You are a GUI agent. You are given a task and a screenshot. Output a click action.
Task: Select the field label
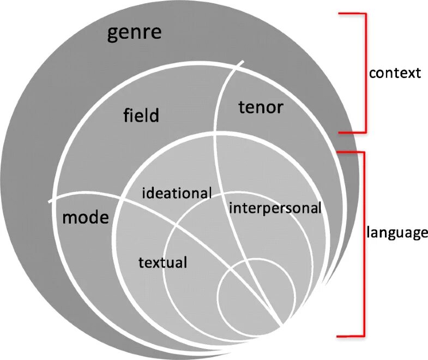(141, 115)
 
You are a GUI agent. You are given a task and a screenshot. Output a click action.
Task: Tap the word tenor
(261, 107)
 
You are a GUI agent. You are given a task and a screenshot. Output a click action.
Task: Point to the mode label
(86, 218)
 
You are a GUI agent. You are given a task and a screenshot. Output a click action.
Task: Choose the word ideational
(177, 193)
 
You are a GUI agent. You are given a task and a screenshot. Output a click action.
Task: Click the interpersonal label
(275, 208)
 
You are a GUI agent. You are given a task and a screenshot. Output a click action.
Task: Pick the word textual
(163, 262)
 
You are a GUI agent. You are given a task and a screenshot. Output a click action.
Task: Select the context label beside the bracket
(395, 73)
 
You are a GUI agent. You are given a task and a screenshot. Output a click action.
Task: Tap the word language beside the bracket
(396, 233)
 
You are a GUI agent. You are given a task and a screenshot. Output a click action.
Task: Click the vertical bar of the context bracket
(365, 73)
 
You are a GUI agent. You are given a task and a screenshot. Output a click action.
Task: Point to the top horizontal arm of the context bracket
(352, 14)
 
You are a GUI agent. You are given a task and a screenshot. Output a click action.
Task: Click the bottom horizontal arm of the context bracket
(352, 132)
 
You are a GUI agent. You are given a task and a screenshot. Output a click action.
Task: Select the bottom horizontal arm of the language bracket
(351, 335)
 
